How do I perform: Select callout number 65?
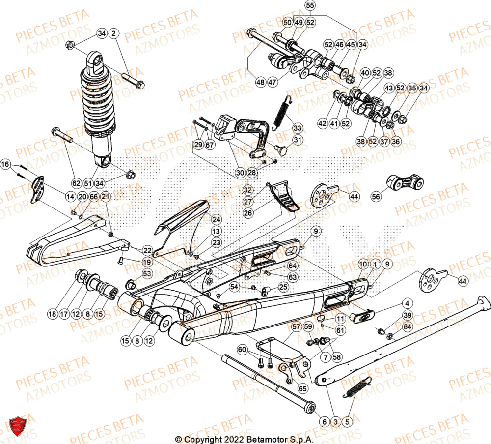pos(301,388)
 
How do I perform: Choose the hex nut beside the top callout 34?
pos(70,46)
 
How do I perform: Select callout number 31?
pos(298,140)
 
